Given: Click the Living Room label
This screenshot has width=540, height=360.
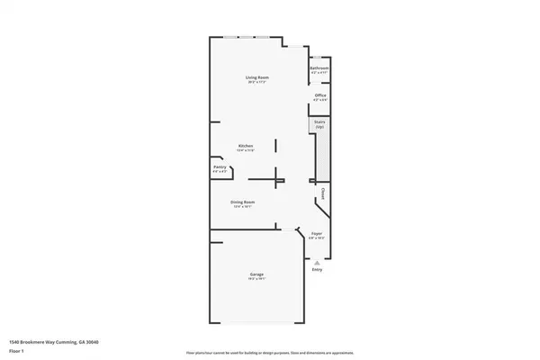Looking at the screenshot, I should (x=257, y=78).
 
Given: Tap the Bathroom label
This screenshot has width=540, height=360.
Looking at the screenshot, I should (x=319, y=68).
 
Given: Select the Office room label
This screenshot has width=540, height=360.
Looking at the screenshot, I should (x=319, y=94).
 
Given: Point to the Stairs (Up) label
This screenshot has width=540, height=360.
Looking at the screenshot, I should (x=319, y=125).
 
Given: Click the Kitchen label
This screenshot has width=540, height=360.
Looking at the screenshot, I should (x=245, y=146).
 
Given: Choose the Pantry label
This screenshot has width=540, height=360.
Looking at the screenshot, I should (x=220, y=167).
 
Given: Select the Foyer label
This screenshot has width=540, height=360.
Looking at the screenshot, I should (x=317, y=233).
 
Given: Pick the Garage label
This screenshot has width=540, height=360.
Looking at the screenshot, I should (x=257, y=274).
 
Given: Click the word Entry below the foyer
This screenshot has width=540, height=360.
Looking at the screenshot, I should (x=317, y=269).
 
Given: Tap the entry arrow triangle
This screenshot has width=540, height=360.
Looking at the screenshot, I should (x=317, y=261).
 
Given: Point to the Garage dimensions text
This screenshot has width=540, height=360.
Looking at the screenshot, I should (x=257, y=279).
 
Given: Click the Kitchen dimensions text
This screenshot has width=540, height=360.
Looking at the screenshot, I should (x=245, y=150).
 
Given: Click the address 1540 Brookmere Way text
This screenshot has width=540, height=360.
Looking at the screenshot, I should (x=54, y=342).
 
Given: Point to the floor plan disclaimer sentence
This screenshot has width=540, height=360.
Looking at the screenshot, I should (x=269, y=352).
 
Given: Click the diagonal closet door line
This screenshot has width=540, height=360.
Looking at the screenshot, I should (x=321, y=210).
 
